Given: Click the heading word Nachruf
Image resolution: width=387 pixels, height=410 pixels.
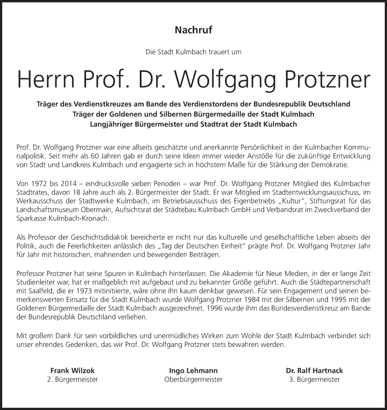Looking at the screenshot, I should click(x=193, y=30).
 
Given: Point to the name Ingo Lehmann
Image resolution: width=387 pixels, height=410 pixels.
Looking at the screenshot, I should click(x=193, y=371).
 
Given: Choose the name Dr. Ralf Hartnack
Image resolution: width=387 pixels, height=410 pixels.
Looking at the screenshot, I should click(x=314, y=371).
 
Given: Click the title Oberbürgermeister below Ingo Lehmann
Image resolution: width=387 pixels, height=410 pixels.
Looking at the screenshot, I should click(x=193, y=380).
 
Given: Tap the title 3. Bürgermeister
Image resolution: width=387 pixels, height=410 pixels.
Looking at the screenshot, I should click(x=314, y=380).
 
